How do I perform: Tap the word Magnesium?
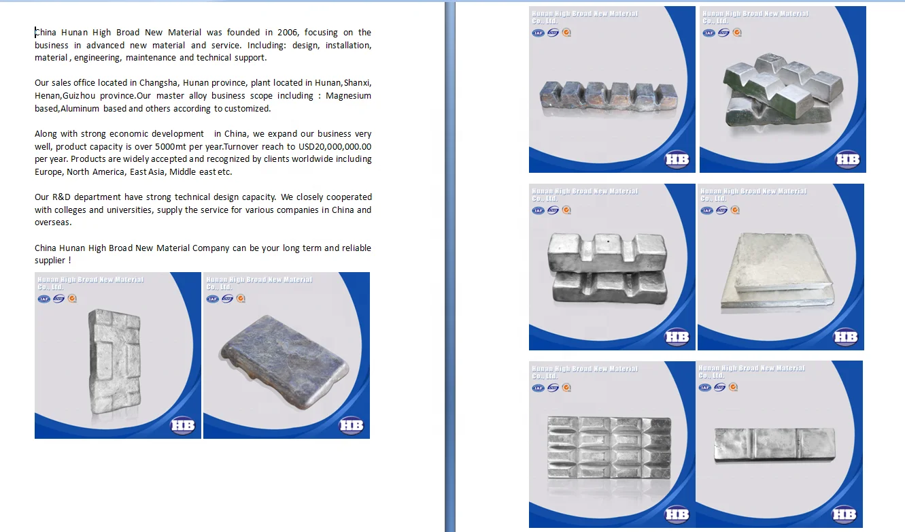coord(348,96)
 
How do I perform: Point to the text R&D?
coord(61,197)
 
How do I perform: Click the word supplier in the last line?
coord(50,261)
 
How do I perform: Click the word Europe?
coord(48,172)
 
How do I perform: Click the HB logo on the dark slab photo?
coord(351,426)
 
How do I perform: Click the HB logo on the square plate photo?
coord(845,337)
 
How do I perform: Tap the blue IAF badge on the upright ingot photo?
coord(44,299)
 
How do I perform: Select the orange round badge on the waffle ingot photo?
coord(566,388)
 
